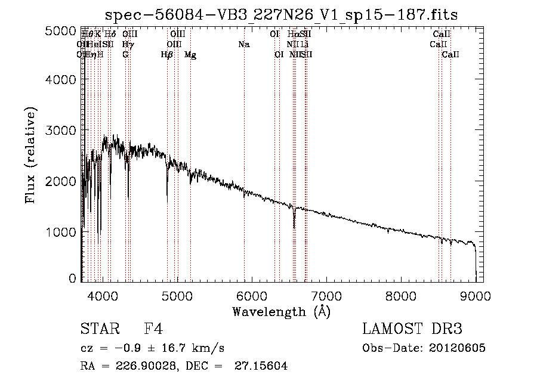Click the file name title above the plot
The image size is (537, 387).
pos(282,15)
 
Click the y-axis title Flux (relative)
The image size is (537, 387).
pos(30,154)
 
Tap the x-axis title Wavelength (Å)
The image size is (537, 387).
pos(281,311)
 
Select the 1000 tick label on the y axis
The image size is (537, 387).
pos(61,231)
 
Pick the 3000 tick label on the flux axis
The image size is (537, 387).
pos(61,131)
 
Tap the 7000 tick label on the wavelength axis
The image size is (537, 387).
pos(326,295)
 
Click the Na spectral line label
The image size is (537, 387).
pos(243,44)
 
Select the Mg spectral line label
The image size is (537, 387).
pos(190,55)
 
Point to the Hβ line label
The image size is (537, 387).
pos(167,55)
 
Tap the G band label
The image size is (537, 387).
pos(125,55)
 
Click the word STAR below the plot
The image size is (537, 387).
pos(95,329)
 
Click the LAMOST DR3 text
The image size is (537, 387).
pos(412,329)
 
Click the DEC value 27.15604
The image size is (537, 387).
pos(263,366)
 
